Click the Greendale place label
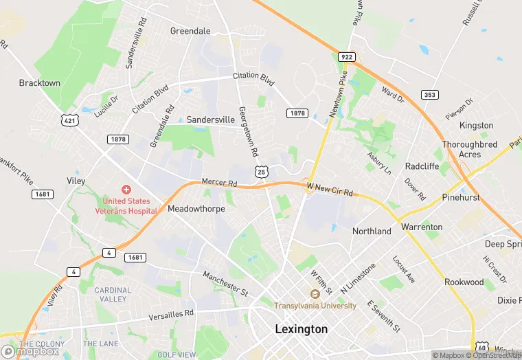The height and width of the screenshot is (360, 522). click(x=190, y=31)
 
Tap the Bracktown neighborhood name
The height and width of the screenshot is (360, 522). click(x=40, y=82)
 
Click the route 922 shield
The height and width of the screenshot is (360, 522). click(x=346, y=56)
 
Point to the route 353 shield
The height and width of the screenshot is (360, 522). click(x=430, y=95)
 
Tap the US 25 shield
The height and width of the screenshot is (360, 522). click(x=261, y=171)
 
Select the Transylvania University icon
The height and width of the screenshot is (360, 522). click(x=315, y=294)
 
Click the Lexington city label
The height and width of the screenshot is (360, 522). click(x=301, y=329)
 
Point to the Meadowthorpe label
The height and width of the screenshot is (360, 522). click(x=196, y=208)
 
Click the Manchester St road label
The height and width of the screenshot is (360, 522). click(x=225, y=283)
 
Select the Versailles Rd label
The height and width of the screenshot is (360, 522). click(x=172, y=315)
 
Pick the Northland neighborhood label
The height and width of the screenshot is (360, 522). click(x=372, y=231)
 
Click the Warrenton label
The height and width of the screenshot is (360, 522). click(x=422, y=226)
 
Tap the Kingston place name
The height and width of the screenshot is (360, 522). click(x=477, y=125)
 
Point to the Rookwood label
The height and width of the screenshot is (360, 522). click(x=464, y=282)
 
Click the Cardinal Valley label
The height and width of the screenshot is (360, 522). click(x=113, y=294)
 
